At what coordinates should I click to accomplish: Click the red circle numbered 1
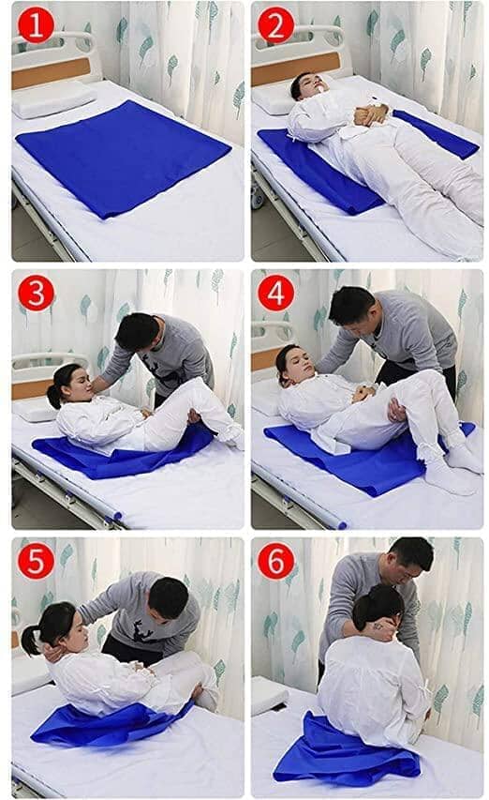coord(36,26)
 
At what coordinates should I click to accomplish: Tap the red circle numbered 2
coord(275,26)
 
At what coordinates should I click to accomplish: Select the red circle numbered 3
coord(36,294)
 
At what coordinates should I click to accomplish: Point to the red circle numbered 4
coord(275,294)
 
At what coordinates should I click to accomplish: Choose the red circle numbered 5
coord(36,561)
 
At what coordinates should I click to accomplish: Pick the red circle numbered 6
coord(275,561)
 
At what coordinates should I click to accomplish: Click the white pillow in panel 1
coord(53,99)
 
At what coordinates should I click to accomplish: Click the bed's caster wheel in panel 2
coord(257,196)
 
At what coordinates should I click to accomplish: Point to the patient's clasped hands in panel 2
coord(370,114)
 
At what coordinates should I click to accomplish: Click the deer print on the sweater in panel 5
coord(142,630)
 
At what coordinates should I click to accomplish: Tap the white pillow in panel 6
coord(269,695)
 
